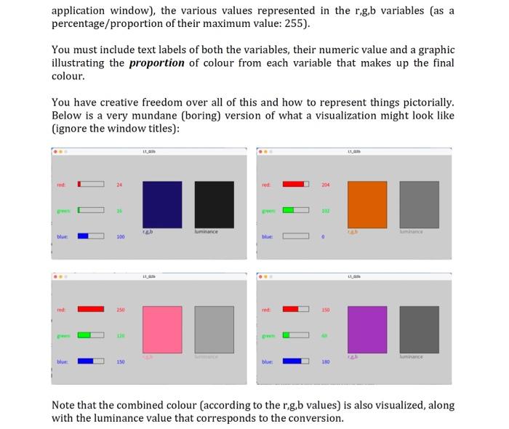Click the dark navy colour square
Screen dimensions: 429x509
pyautogui.click(x=161, y=204)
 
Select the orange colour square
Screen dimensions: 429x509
pyautogui.click(x=366, y=204)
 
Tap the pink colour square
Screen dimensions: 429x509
pyautogui.click(x=161, y=329)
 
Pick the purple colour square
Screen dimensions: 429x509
pyautogui.click(x=366, y=329)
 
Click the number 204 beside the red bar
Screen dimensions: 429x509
pyautogui.click(x=325, y=185)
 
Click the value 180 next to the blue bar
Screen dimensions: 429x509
pyautogui.click(x=325, y=361)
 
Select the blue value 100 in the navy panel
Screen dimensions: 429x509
pyautogui.click(x=120, y=236)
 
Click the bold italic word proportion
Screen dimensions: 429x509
pyautogui.click(x=156, y=63)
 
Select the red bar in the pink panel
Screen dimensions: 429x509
pyautogui.click(x=90, y=310)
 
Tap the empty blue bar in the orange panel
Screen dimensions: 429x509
pyautogui.click(x=295, y=236)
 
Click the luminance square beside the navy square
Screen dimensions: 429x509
pyautogui.click(x=214, y=204)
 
